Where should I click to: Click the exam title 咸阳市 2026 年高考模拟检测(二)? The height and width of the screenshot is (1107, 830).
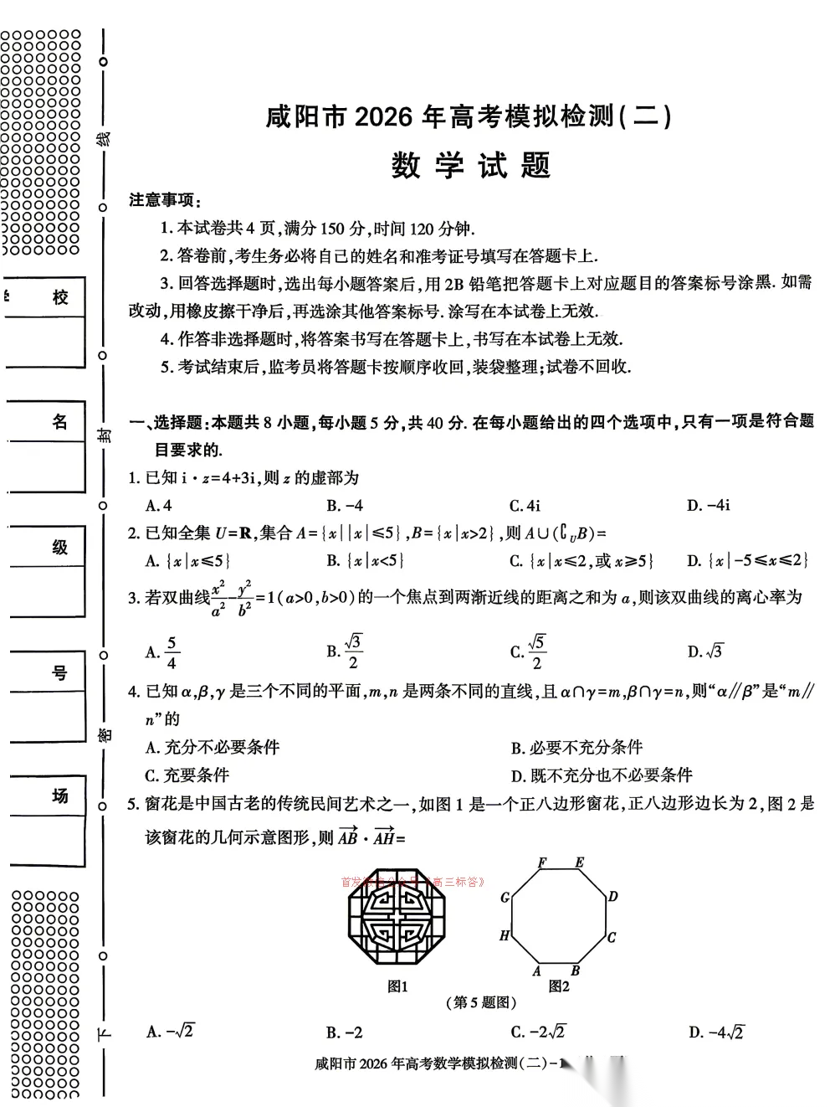pos(469,117)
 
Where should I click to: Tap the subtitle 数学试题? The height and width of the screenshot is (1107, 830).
pos(470,166)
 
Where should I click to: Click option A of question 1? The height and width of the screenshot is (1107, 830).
pos(158,505)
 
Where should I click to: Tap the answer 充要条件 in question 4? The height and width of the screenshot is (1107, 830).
pos(187,775)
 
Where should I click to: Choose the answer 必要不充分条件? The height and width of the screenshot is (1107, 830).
pos(576,747)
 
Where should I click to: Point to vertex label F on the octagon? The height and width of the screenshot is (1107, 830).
pos(542,862)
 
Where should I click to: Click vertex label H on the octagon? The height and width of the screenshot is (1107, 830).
pos(504,935)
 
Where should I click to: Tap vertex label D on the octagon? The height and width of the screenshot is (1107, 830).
pos(612,897)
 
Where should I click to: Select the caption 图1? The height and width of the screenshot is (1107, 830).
pos(397,986)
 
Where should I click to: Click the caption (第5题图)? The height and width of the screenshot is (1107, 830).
pos(480,1002)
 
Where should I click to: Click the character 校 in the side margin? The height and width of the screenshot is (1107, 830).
pos(59,297)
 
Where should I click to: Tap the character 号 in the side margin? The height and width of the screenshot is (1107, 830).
pos(59,672)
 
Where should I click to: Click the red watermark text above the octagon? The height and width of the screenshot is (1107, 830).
pos(412,881)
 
